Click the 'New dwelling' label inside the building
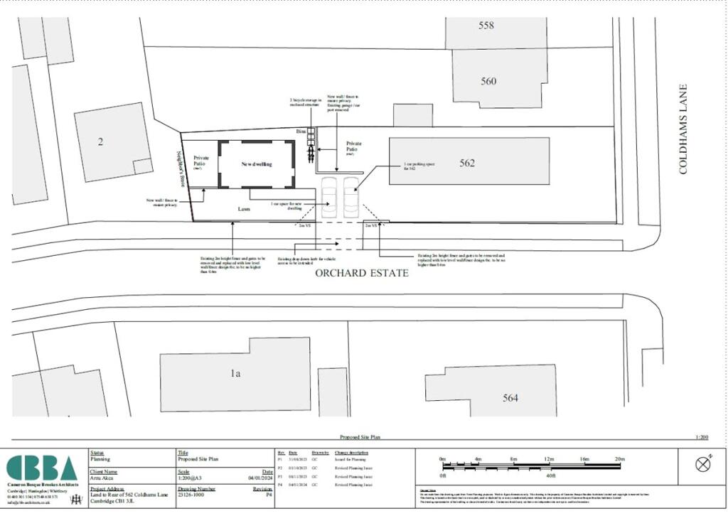(x=256, y=163)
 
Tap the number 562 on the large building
(x=467, y=163)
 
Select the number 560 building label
(x=488, y=81)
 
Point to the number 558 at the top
(x=486, y=26)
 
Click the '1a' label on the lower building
(x=235, y=372)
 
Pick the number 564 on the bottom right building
(x=510, y=398)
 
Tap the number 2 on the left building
(x=100, y=141)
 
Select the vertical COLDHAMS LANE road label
(x=683, y=129)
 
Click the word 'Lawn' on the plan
(x=245, y=210)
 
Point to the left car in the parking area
(x=330, y=197)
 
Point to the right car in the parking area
(x=352, y=197)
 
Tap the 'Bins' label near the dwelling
(x=301, y=132)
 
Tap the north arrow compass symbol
(x=703, y=464)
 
